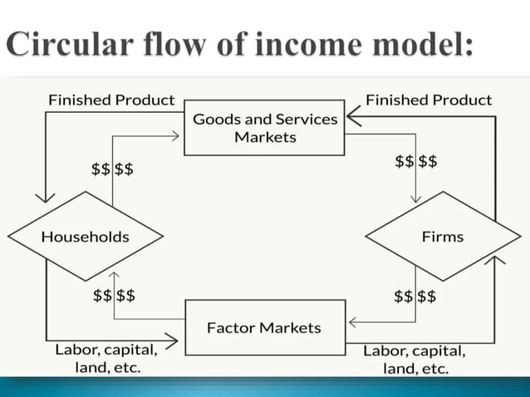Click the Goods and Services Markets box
tap(264, 127)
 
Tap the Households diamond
tap(86, 237)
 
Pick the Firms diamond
tap(443, 237)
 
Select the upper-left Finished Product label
tap(111, 100)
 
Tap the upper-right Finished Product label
tap(429, 100)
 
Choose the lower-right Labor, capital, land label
tap(414, 358)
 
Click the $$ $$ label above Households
tap(112, 170)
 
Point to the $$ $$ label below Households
tap(115, 295)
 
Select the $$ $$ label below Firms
tap(415, 295)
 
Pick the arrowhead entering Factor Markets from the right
tap(352, 321)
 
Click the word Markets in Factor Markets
tap(292, 328)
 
